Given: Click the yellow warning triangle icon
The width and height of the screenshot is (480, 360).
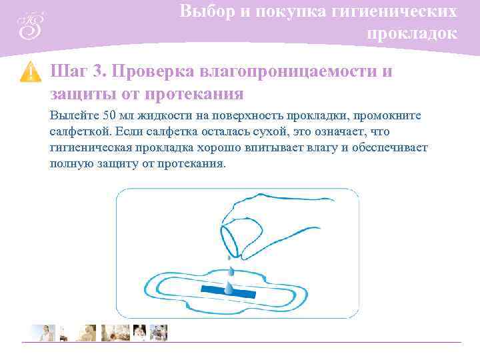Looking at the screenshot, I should pos(31,72).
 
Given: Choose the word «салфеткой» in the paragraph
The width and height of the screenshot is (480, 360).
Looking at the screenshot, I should pos(75,131).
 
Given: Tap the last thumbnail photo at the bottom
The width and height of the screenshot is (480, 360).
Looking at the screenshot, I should pos(159,332).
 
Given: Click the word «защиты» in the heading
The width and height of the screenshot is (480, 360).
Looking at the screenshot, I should pos(75,93).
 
